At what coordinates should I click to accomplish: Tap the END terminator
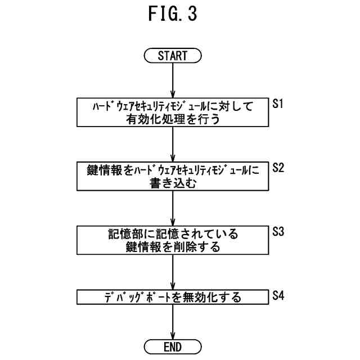click(173, 345)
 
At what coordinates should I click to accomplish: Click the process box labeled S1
click(173, 112)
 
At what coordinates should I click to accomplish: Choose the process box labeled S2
click(173, 177)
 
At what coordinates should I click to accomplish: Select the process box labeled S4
click(173, 297)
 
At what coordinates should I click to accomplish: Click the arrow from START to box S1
click(173, 80)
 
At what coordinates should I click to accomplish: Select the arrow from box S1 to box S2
click(173, 144)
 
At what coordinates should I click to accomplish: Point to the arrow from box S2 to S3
click(173, 208)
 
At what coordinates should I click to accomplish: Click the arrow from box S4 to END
click(173, 321)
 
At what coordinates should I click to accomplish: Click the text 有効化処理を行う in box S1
click(173, 118)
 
